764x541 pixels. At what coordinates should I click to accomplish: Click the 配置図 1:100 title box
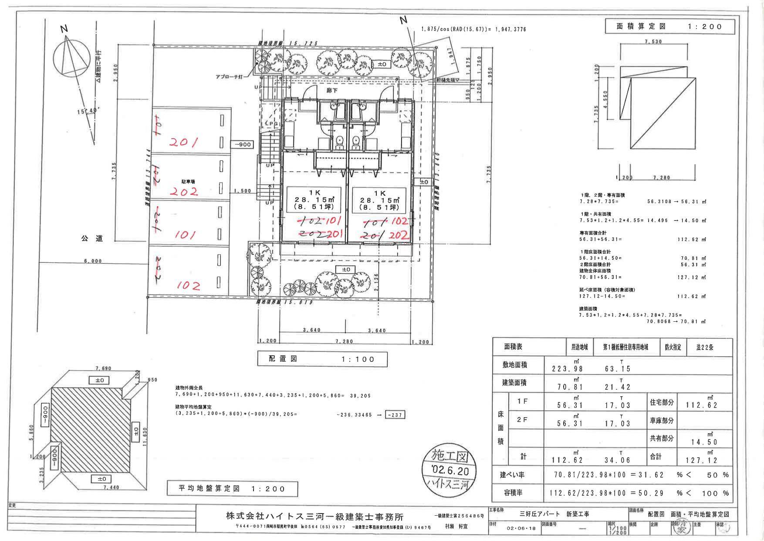pyautogui.click(x=321, y=359)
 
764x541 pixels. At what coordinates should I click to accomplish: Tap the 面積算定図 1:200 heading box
pyautogui.click(x=669, y=27)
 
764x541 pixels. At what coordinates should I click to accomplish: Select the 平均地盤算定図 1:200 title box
pyautogui.click(x=232, y=489)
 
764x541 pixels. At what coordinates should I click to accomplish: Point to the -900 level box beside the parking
pyautogui.click(x=243, y=144)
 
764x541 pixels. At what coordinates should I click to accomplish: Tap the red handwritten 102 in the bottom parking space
pyautogui.click(x=189, y=286)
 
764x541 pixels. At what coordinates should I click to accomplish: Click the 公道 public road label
pyautogui.click(x=92, y=238)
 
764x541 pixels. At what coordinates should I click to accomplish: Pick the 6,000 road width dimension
pyautogui.click(x=93, y=261)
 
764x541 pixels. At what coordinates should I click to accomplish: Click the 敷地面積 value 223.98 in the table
pyautogui.click(x=567, y=369)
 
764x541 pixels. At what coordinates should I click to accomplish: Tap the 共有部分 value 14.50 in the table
pyautogui.click(x=704, y=442)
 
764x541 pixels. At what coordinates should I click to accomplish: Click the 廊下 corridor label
pyautogui.click(x=333, y=91)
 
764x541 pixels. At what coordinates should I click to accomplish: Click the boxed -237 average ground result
pyautogui.click(x=396, y=415)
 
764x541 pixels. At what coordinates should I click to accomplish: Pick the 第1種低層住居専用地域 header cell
pyautogui.click(x=625, y=347)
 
